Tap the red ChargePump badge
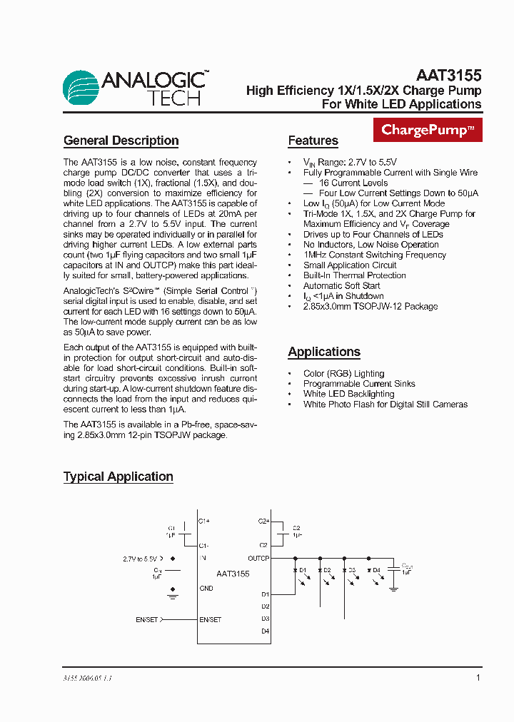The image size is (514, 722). [428, 130]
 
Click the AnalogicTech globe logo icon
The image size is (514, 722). [80, 88]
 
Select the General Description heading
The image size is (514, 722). [121, 141]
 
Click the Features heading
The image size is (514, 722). [313, 141]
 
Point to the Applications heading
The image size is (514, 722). [323, 352]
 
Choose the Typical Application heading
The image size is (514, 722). [118, 477]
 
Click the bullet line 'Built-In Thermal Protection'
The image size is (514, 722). [354, 275]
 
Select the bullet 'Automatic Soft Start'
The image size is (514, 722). [341, 285]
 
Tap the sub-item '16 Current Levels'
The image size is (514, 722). [353, 183]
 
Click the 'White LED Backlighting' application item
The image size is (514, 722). [348, 394]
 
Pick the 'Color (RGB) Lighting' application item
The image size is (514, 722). [343, 373]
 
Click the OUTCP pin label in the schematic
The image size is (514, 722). [258, 558]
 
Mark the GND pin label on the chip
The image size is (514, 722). [206, 589]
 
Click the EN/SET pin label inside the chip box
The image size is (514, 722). [210, 619]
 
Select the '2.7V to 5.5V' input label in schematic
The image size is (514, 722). [139, 559]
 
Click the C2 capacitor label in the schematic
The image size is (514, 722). [296, 528]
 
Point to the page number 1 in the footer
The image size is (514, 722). [478, 677]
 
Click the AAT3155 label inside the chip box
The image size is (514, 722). [233, 574]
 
